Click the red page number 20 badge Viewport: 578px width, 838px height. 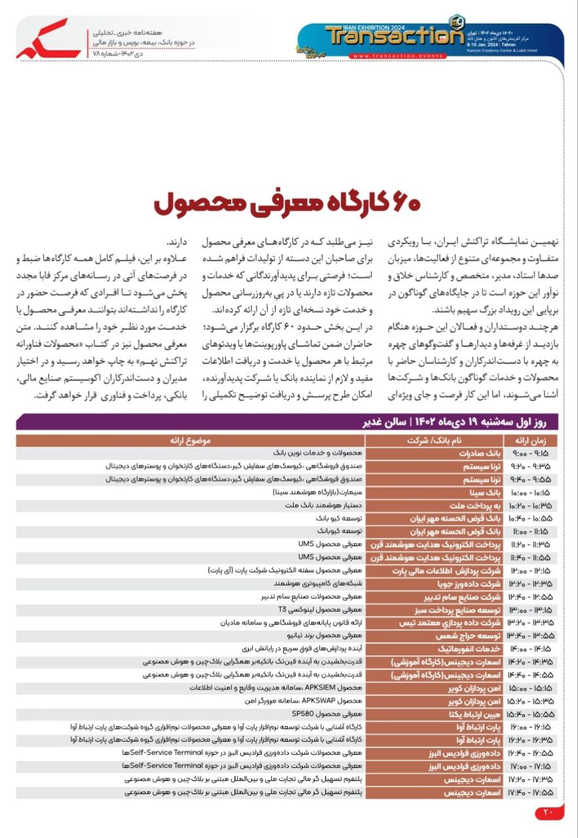pos(549,814)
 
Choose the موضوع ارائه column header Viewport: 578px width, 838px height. pos(190,441)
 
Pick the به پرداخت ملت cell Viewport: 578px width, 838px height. pos(471,505)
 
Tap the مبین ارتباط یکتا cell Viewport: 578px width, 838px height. pos(469,714)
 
